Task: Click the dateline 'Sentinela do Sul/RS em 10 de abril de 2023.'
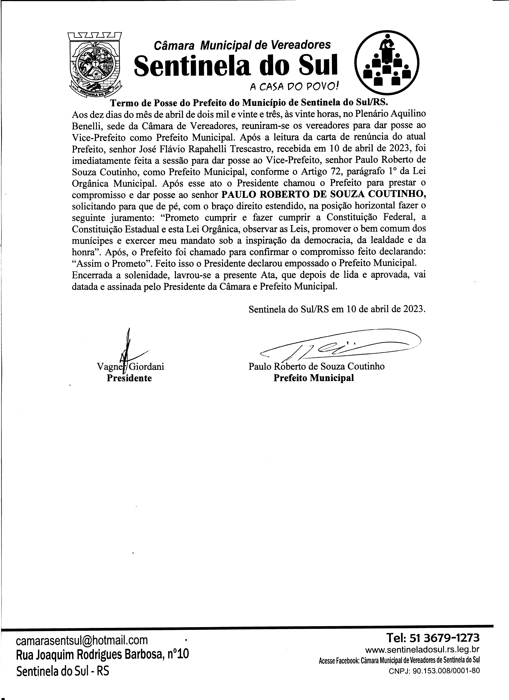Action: click(x=337, y=309)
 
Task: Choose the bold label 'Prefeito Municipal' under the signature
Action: click(x=313, y=378)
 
